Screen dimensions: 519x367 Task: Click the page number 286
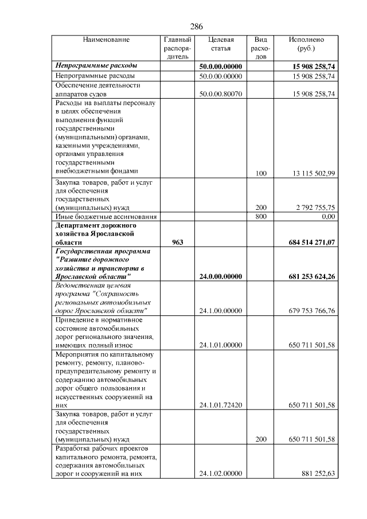[196, 26]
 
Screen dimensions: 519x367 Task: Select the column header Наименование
[106, 40]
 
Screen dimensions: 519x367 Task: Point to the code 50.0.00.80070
[221, 93]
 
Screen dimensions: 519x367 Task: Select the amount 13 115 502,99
[311, 173]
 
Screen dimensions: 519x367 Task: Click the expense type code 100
[261, 173]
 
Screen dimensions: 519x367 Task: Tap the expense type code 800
[261, 216]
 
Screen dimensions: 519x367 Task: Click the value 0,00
[328, 216]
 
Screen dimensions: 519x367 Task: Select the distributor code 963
[178, 243]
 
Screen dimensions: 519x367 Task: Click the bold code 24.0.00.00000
[221, 276]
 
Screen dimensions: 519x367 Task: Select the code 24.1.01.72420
[221, 405]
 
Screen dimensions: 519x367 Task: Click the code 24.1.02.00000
[221, 474]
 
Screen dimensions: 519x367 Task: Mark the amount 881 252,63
[317, 474]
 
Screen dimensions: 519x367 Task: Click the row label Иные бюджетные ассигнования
[106, 216]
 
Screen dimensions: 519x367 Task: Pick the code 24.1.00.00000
[221, 311]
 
